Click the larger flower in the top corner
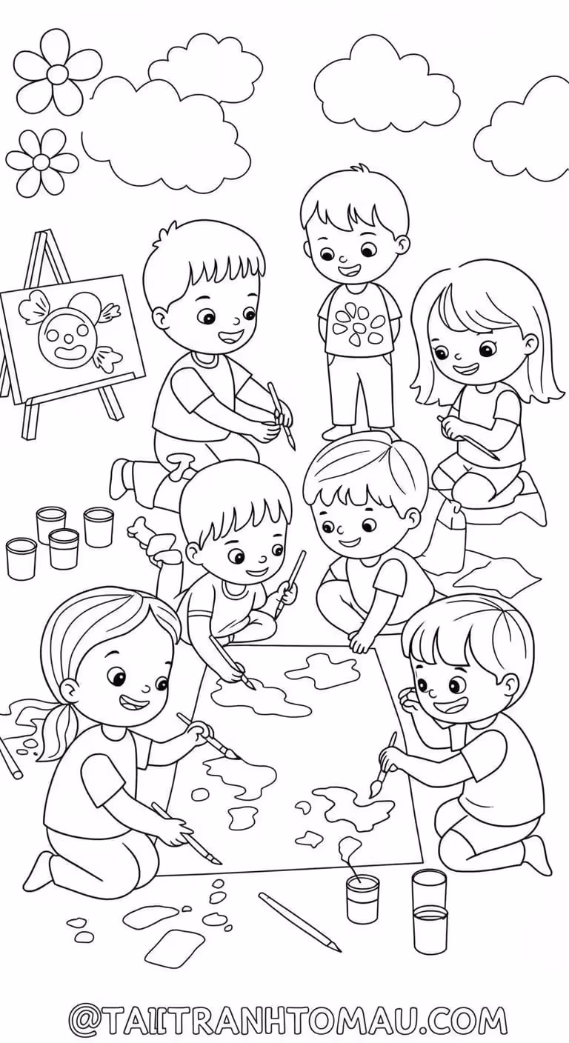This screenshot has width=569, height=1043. click(57, 73)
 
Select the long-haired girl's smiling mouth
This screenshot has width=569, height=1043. click(465, 369)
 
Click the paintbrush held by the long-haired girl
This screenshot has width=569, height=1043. click(467, 439)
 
